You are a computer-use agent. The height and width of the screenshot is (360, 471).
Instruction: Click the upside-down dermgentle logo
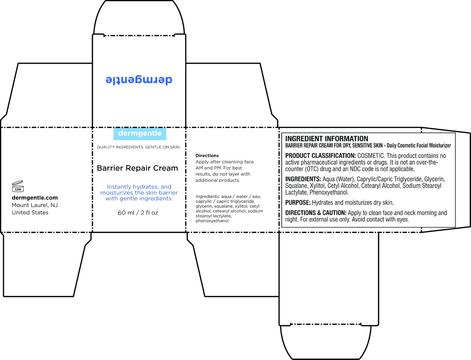pyautogui.click(x=139, y=79)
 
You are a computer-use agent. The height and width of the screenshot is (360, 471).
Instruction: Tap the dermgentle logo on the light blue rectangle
pyautogui.click(x=140, y=133)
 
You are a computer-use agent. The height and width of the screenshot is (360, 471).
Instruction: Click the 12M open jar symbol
pyautogui.click(x=18, y=186)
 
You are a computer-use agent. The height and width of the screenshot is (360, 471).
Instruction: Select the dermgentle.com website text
pyautogui.click(x=35, y=198)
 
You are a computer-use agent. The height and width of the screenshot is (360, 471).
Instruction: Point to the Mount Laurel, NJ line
pyautogui.click(x=35, y=205)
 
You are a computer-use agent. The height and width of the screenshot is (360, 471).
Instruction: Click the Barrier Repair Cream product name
pyautogui.click(x=137, y=168)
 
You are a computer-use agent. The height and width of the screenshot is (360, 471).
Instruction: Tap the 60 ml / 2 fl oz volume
pyautogui.click(x=138, y=213)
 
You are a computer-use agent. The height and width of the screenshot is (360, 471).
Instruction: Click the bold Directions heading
pyautogui.click(x=207, y=156)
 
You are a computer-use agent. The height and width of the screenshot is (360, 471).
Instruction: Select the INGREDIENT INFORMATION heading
pyautogui.click(x=327, y=139)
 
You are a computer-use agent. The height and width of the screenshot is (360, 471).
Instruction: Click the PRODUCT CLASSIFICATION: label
pyautogui.click(x=320, y=156)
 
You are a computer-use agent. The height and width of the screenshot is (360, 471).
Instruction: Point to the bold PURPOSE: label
pyautogui.click(x=298, y=203)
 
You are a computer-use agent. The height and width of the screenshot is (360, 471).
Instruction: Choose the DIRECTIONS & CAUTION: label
pyautogui.click(x=316, y=213)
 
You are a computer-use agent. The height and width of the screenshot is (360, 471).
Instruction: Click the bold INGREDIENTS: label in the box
pyautogui.click(x=303, y=179)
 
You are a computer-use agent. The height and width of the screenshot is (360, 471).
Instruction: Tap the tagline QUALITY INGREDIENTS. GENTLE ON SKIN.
pyautogui.click(x=139, y=147)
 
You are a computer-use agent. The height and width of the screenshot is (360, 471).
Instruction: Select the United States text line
pyautogui.click(x=30, y=212)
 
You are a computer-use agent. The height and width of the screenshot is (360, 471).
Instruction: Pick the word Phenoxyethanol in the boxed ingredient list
pyautogui.click(x=329, y=193)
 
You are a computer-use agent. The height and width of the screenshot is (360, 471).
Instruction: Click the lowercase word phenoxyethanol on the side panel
pyautogui.click(x=212, y=221)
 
